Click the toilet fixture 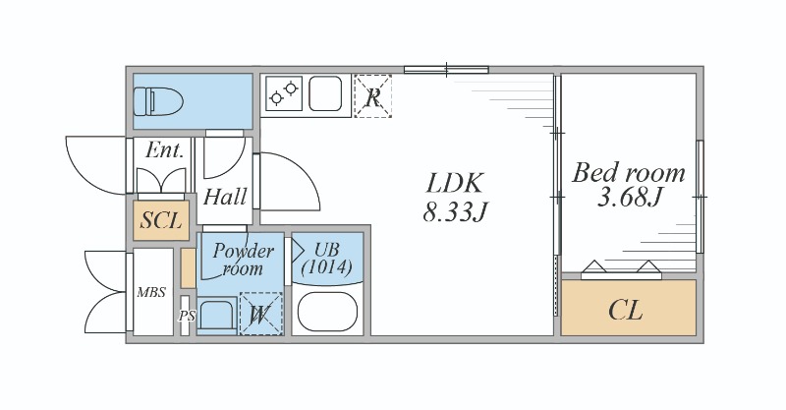(x=158, y=101)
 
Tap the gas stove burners (x=284, y=93)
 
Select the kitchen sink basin (x=325, y=93)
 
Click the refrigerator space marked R (x=372, y=96)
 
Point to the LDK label (x=455, y=183)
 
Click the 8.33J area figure (x=455, y=211)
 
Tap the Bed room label (x=629, y=172)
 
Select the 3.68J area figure (x=630, y=197)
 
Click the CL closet (x=629, y=308)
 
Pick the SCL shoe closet (x=161, y=220)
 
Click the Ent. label (x=164, y=149)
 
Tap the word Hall (x=225, y=197)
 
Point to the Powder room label (x=243, y=259)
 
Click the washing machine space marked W (x=261, y=315)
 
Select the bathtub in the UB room (x=327, y=312)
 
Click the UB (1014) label (x=327, y=258)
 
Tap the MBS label (x=151, y=292)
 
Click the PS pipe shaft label (x=187, y=317)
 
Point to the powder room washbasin (x=216, y=316)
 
